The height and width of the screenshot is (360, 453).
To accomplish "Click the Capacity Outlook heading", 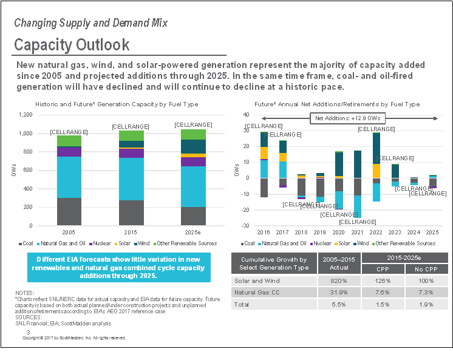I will click(72, 44).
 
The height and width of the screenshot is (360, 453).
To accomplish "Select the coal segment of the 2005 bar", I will click(69, 211).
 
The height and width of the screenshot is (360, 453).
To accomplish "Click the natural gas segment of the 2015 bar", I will click(131, 178).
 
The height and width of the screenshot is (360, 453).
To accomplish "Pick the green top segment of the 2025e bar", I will click(193, 134).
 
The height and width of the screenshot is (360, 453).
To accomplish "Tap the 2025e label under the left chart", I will click(193, 232).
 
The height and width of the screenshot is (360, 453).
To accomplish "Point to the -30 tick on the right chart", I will click(246, 226).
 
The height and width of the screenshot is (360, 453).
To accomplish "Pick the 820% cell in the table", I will click(339, 280).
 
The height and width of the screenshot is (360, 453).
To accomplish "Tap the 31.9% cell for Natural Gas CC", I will click(339, 292).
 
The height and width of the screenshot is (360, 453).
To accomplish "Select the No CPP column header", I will click(425, 269).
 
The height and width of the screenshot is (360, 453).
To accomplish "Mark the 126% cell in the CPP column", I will click(383, 280).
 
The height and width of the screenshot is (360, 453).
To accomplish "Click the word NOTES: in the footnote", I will click(25, 293).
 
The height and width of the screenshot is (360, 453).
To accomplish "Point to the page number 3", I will click(28, 332).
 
